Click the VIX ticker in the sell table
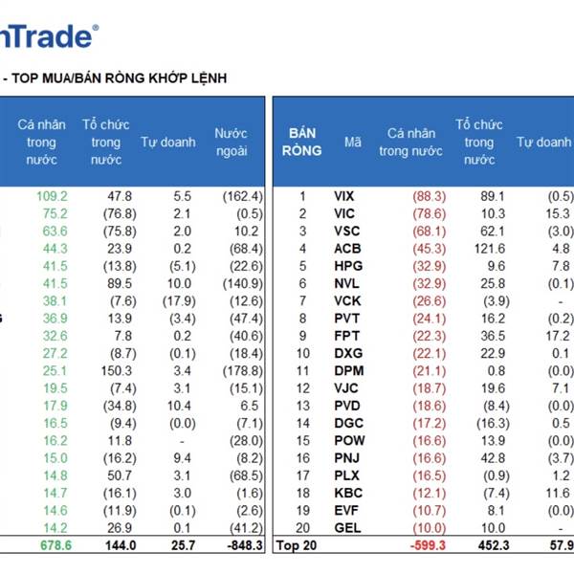(x=344, y=195)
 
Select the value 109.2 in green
(x=52, y=195)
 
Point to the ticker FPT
(x=345, y=336)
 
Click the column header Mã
(x=353, y=143)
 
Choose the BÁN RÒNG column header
(x=301, y=143)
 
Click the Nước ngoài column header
(x=232, y=143)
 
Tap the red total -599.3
(x=423, y=546)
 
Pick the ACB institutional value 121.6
(x=488, y=248)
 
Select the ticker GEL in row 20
(x=345, y=528)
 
